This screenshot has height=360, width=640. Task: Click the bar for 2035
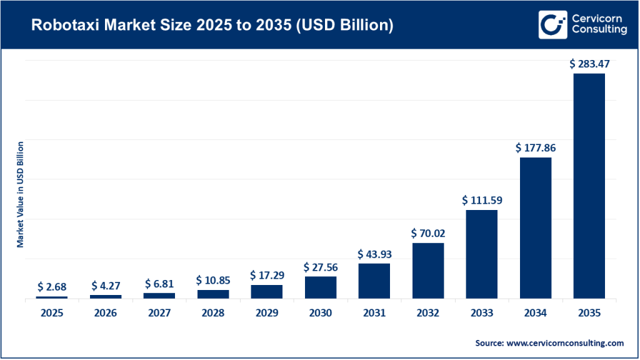(589, 186)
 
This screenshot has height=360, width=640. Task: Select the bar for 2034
(536, 227)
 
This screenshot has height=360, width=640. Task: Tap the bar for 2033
(482, 254)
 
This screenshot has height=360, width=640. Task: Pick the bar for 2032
(428, 270)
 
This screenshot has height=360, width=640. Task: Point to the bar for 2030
(321, 287)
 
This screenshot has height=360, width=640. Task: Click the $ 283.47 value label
(589, 64)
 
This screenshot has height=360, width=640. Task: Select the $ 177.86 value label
(536, 148)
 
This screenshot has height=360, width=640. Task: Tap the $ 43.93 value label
(374, 254)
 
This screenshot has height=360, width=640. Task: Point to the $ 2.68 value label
(52, 286)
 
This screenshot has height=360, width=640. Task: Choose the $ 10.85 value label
(213, 280)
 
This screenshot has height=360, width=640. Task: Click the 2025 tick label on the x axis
(52, 313)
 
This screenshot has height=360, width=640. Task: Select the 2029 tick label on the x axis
(267, 313)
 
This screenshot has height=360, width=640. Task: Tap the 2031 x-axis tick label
(374, 313)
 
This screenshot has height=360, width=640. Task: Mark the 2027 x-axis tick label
(159, 313)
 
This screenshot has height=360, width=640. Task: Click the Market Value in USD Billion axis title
(20, 194)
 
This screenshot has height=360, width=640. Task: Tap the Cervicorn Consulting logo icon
(551, 24)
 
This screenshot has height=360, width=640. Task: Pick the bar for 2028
(213, 294)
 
